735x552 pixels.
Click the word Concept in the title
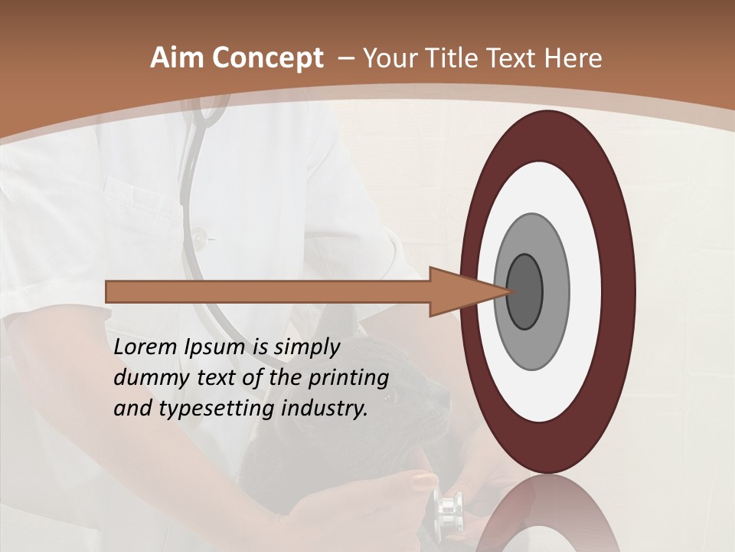click(268, 59)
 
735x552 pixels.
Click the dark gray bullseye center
click(524, 291)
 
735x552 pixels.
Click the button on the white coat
click(200, 239)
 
